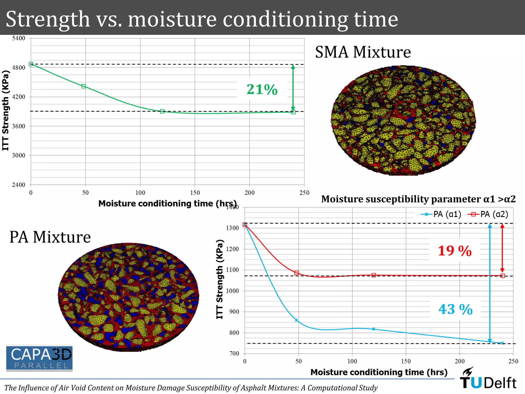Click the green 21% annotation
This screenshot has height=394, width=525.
point(262,90)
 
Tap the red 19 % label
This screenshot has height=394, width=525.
point(455,251)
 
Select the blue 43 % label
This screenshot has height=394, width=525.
point(455,309)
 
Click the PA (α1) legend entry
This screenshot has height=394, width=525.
point(441,214)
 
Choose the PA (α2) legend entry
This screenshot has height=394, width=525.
point(488,214)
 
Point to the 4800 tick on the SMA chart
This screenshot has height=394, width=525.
point(18,68)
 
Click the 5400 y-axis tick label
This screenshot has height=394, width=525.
point(18,38)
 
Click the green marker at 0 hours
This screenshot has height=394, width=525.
point(31,64)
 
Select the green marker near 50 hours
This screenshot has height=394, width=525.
point(84,86)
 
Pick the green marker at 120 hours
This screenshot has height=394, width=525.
point(162,111)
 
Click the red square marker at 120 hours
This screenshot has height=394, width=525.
point(374,275)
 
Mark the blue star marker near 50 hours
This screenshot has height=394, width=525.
point(296,320)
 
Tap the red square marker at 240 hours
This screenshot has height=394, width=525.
point(502,276)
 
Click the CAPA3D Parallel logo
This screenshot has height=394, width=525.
point(39,358)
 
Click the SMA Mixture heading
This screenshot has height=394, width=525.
point(363,52)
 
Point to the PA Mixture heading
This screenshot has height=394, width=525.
point(50,237)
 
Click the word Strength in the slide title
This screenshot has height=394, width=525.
point(48,19)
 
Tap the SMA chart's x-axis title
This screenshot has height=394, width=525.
point(168,204)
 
